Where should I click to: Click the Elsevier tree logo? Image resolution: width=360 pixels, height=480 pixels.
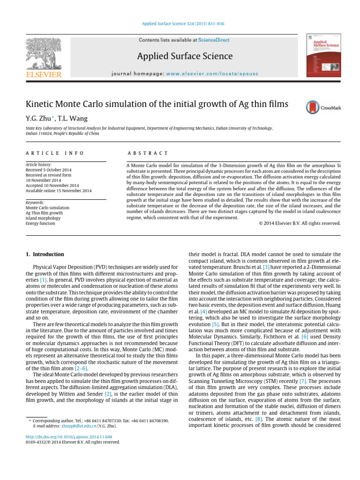point(43,54)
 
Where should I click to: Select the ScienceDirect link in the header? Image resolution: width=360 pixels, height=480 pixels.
point(214,40)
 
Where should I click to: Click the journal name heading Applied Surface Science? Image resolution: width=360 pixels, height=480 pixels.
point(185,57)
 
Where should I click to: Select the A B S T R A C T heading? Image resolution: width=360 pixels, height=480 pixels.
point(148,153)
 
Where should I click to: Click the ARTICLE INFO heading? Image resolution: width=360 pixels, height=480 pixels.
point(55,153)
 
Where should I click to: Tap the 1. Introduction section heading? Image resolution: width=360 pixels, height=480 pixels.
point(45,254)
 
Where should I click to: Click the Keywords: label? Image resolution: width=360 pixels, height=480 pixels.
point(35,202)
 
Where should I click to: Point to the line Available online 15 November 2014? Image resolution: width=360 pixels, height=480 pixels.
point(59,191)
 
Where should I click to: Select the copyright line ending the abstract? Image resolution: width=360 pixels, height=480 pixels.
point(300,223)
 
